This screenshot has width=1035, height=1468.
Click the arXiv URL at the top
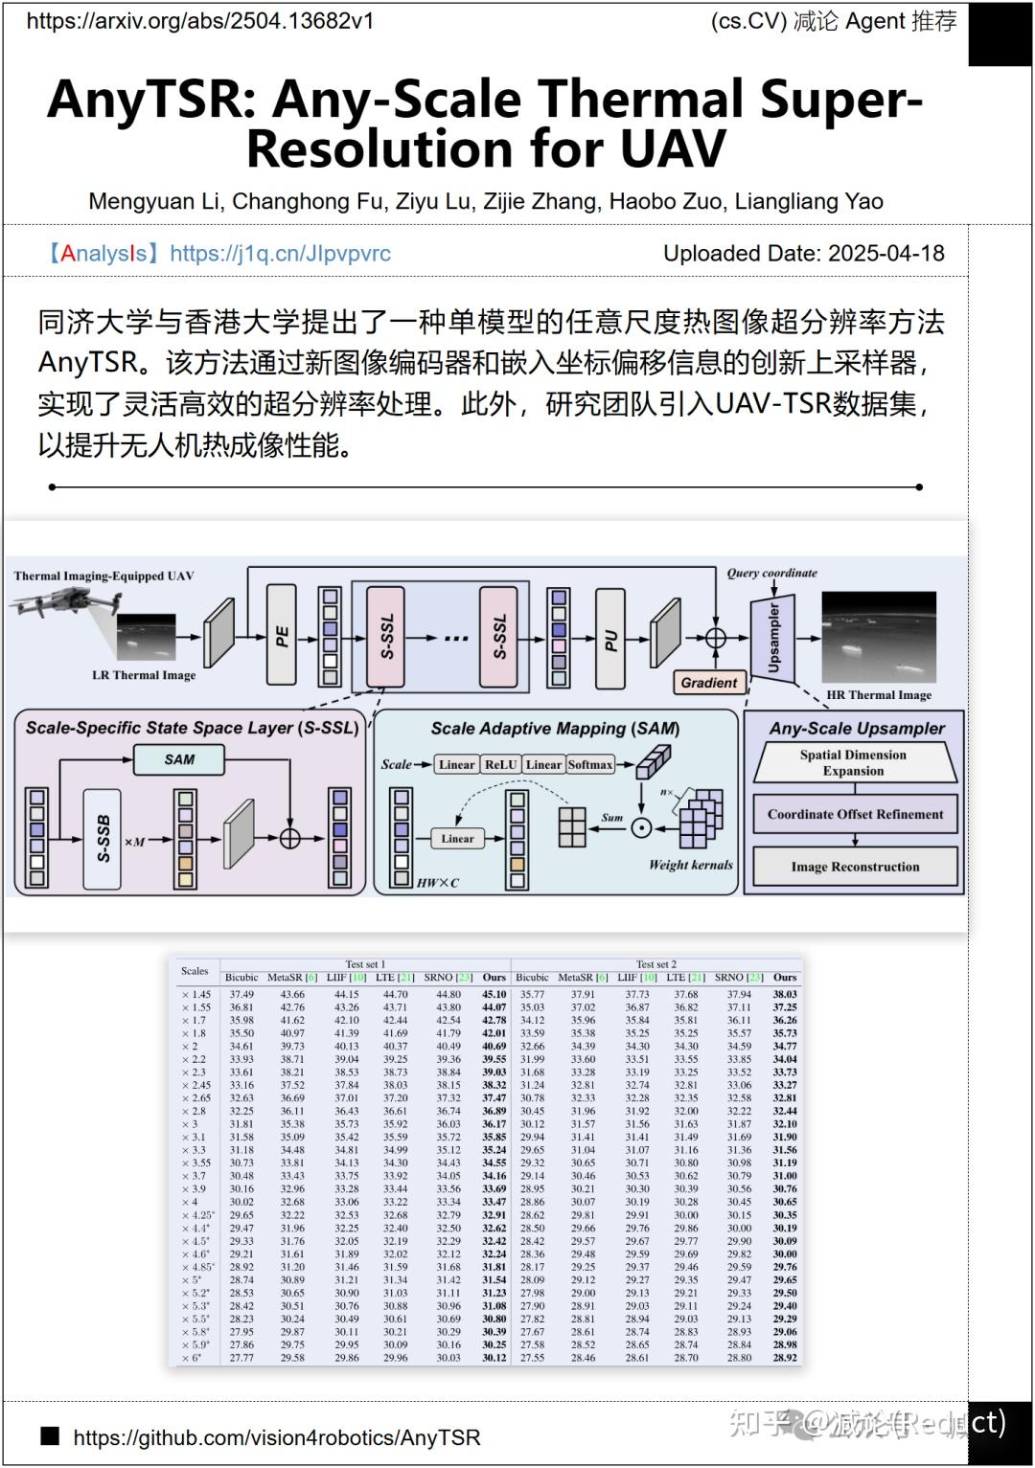[x=200, y=21]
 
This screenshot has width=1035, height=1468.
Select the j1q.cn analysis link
[x=280, y=254]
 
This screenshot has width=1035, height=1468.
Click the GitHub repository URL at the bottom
[x=277, y=1437]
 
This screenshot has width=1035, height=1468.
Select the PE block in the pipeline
[x=282, y=636]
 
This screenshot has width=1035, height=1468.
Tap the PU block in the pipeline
[x=610, y=639]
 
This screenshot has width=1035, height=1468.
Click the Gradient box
[x=709, y=682]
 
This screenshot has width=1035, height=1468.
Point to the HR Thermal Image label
[x=878, y=695]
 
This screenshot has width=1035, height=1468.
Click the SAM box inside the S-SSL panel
[x=179, y=759]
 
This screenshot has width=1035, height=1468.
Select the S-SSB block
[x=104, y=839]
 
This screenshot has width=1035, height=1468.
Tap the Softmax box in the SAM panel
[x=589, y=764]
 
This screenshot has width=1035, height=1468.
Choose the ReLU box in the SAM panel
[x=499, y=764]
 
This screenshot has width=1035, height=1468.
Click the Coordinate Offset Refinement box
[x=855, y=814]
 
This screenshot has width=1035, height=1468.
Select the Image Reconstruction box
[x=855, y=867]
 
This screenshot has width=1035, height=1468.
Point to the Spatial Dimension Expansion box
[x=853, y=762]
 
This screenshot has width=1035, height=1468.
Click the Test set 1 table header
[x=365, y=964]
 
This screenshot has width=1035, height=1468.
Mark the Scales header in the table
[x=195, y=971]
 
